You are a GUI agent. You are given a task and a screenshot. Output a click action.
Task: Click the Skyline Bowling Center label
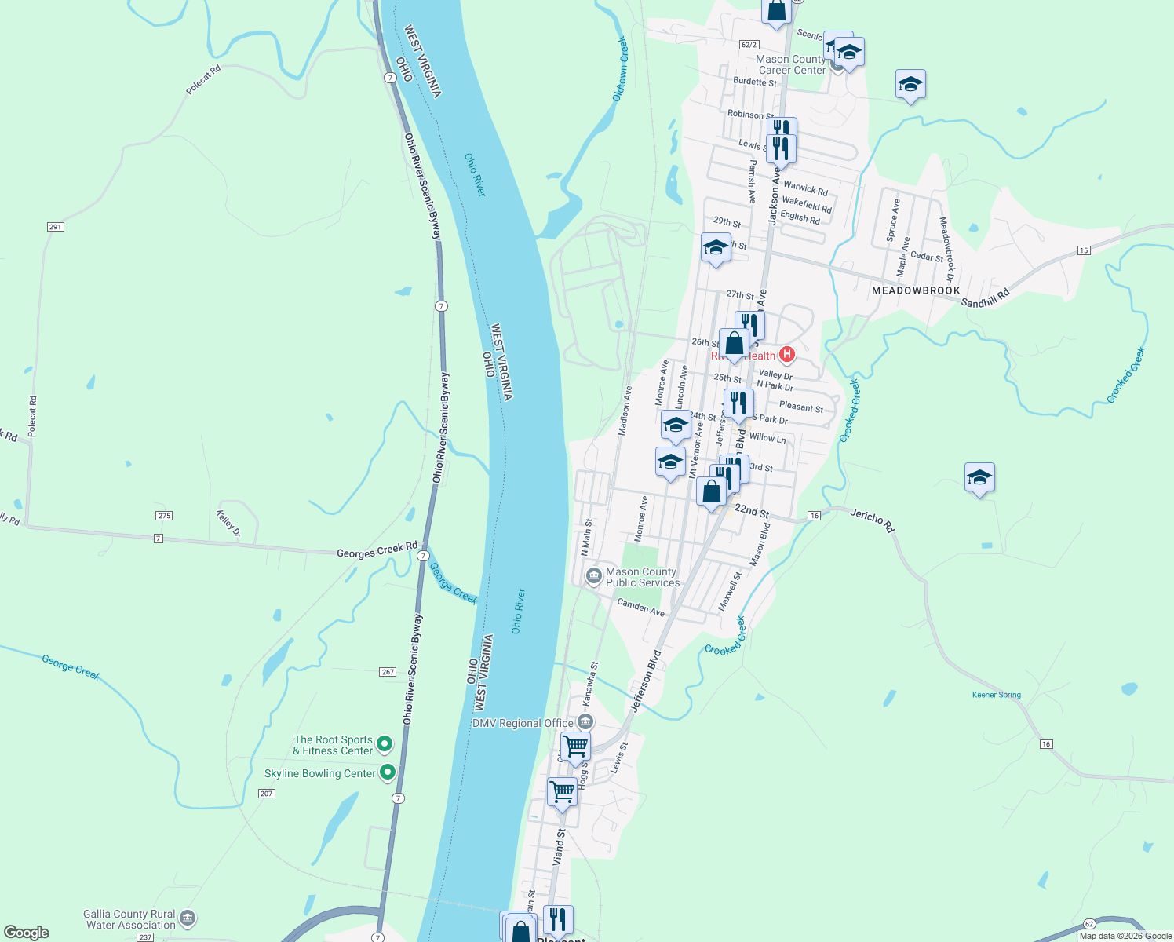tap(320, 773)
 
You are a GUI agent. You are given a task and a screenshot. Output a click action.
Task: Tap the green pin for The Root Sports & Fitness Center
tap(385, 743)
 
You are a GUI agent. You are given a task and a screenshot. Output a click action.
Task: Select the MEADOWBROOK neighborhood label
tap(916, 290)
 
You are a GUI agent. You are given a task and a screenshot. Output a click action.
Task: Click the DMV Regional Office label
tap(523, 723)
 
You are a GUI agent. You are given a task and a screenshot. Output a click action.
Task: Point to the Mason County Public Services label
tap(642, 577)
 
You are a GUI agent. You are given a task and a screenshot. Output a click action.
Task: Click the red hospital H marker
tap(786, 355)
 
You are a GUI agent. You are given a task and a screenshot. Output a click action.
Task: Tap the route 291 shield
tap(55, 227)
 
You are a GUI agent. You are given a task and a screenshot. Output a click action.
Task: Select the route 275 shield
tap(164, 516)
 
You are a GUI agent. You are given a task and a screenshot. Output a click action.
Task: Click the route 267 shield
tap(388, 672)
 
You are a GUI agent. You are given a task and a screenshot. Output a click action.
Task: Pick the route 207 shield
tap(266, 794)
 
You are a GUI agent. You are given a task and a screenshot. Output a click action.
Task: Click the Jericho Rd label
tap(872, 520)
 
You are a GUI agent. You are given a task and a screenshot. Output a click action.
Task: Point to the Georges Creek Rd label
tap(377, 550)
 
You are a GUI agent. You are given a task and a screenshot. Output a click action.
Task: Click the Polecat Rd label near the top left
tap(203, 80)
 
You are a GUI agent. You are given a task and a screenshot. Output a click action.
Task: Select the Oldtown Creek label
tap(620, 69)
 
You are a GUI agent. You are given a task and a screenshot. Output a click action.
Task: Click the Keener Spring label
tap(997, 695)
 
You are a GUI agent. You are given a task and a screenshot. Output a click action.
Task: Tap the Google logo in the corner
tap(26, 933)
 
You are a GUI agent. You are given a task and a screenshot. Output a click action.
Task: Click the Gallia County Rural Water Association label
tap(129, 919)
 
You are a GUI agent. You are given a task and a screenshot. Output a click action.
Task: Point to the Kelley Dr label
tap(228, 524)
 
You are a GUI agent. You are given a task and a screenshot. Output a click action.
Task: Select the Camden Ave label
tap(640, 607)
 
